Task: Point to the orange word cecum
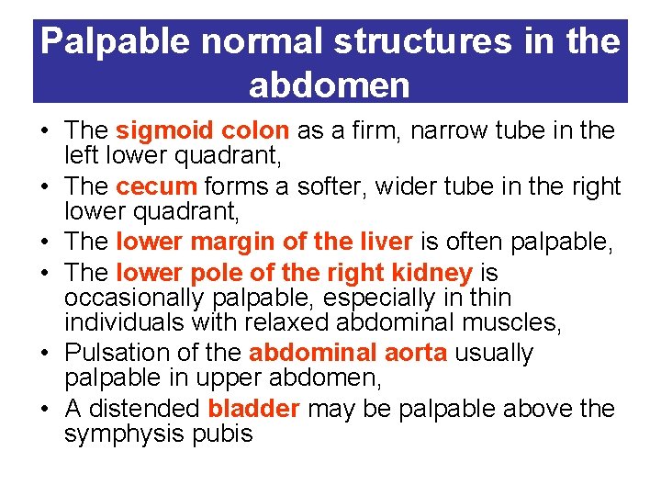tap(156, 186)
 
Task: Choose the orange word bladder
tap(254, 409)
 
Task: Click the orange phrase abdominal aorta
tap(346, 353)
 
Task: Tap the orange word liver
tap(386, 242)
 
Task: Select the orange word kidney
tap(432, 272)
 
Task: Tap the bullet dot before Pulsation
tap(45, 354)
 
